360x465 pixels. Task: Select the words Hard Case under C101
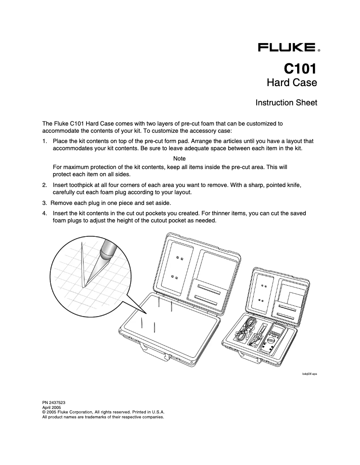(x=292, y=83)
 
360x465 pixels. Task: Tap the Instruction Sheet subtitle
(x=286, y=103)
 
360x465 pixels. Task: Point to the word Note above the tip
(x=180, y=159)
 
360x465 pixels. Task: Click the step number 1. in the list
(x=45, y=141)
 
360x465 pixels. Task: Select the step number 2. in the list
(x=45, y=185)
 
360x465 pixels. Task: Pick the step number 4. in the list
(x=45, y=213)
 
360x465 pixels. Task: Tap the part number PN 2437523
(x=54, y=403)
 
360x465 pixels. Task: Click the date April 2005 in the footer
(x=52, y=408)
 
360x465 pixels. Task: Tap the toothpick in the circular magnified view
(x=83, y=265)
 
